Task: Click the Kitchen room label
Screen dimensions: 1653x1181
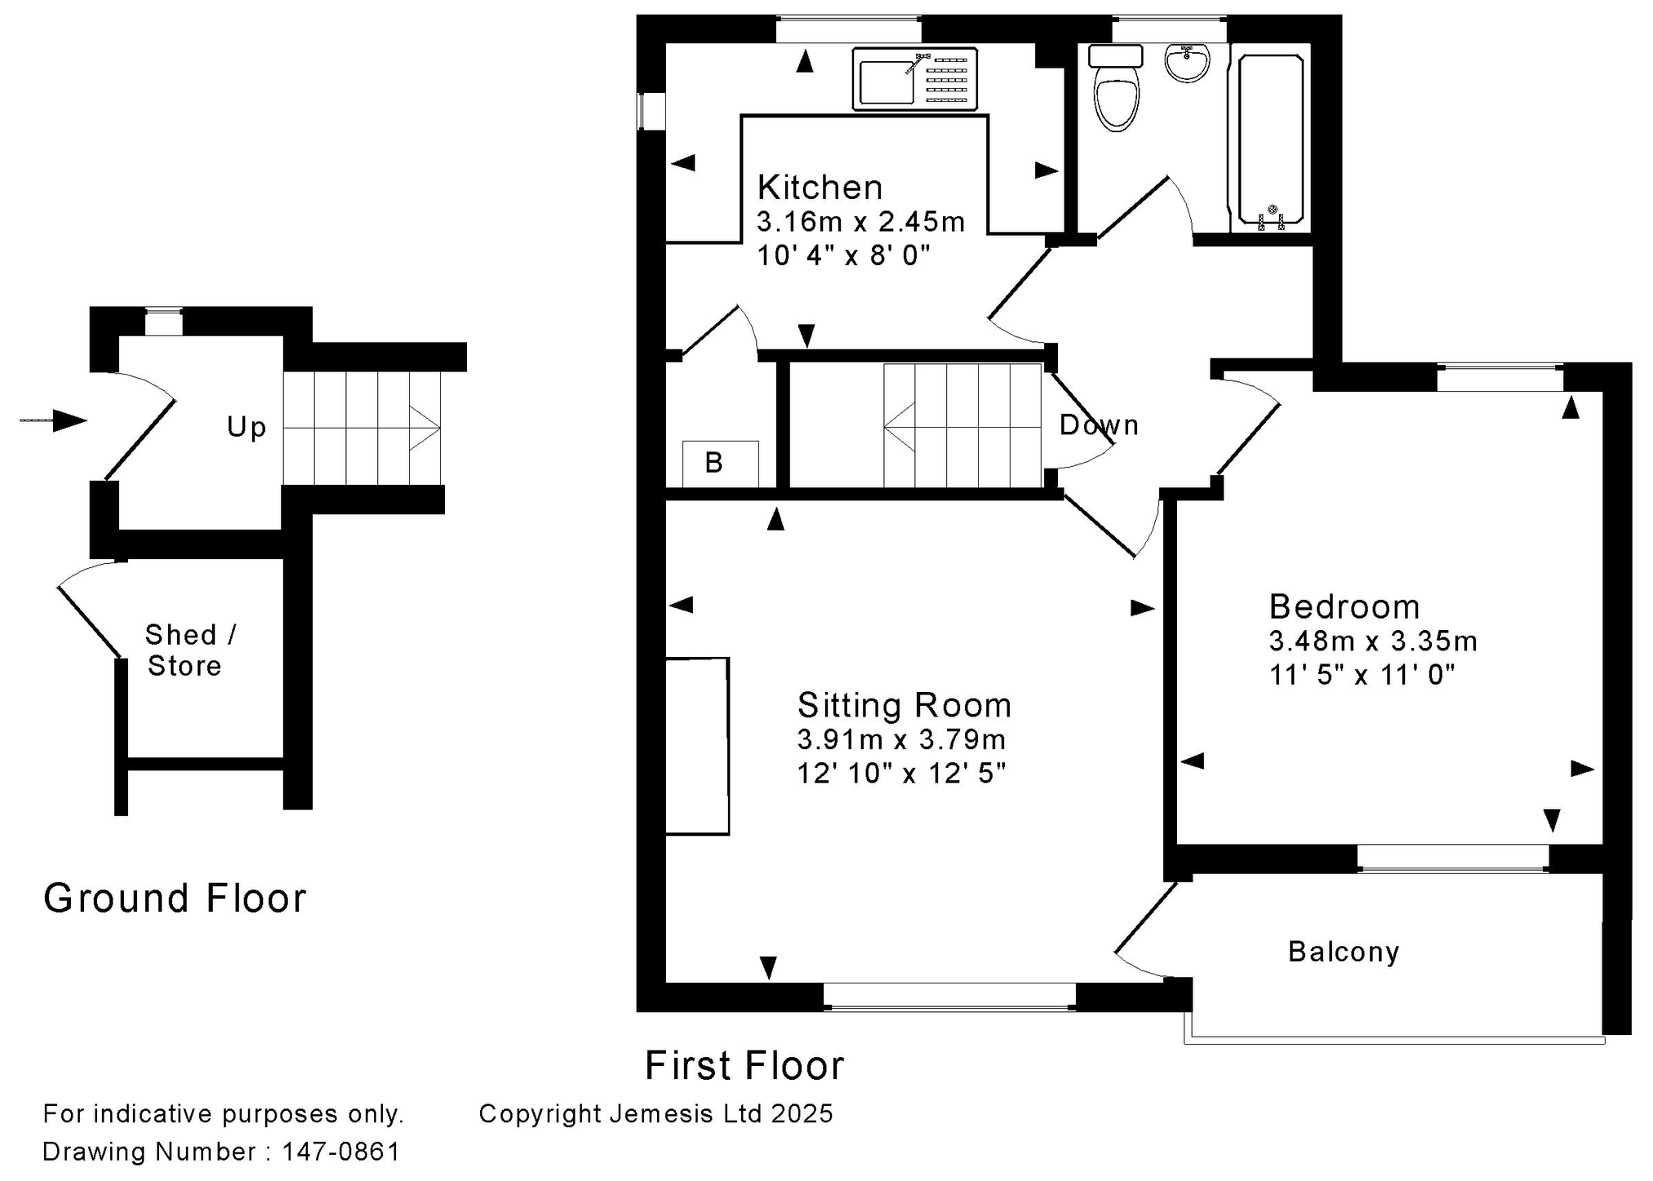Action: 820,188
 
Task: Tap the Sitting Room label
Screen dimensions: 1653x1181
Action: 904,705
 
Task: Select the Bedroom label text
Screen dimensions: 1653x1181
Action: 1344,607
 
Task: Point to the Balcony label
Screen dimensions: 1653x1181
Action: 1344,952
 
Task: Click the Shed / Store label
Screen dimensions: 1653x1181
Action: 190,650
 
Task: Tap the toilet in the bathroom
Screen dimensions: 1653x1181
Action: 1117,88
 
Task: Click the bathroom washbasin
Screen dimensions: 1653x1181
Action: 1187,63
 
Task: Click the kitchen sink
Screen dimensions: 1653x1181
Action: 914,78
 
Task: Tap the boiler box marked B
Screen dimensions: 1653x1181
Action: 721,464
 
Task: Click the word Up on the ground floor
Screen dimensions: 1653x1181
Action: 247,427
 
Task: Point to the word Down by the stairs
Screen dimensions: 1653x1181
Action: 1099,425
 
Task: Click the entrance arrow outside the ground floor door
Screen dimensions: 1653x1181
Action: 53,421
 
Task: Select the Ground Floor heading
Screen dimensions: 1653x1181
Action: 175,898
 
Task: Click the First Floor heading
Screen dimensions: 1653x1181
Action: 744,1065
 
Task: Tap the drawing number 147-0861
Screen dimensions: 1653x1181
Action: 341,1152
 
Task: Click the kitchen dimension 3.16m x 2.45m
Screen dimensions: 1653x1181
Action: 860,222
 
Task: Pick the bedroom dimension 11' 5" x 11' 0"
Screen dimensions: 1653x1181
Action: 1362,675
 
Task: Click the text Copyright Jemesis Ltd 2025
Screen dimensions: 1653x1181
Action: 656,1114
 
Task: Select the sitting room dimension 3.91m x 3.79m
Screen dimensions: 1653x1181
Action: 901,739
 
